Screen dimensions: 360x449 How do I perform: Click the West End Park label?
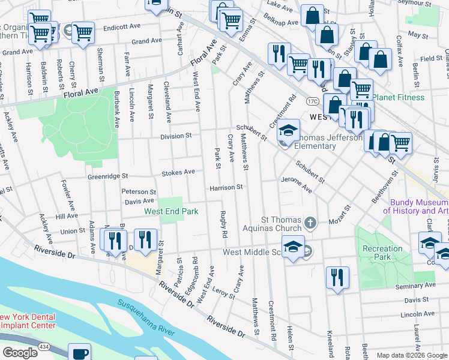(170, 211)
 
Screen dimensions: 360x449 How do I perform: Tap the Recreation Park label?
(382, 252)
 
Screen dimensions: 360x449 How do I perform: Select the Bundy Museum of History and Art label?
(416, 206)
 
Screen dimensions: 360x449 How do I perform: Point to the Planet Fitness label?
(398, 97)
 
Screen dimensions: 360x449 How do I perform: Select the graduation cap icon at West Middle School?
(292, 247)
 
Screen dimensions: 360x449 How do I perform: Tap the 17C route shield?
(312, 101)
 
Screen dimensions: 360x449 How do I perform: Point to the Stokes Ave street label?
(178, 172)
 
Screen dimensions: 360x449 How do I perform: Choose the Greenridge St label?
(108, 176)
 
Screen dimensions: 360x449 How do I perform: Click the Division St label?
(175, 136)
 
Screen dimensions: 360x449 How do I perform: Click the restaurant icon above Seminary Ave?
(337, 277)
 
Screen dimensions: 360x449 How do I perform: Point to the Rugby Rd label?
(223, 226)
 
